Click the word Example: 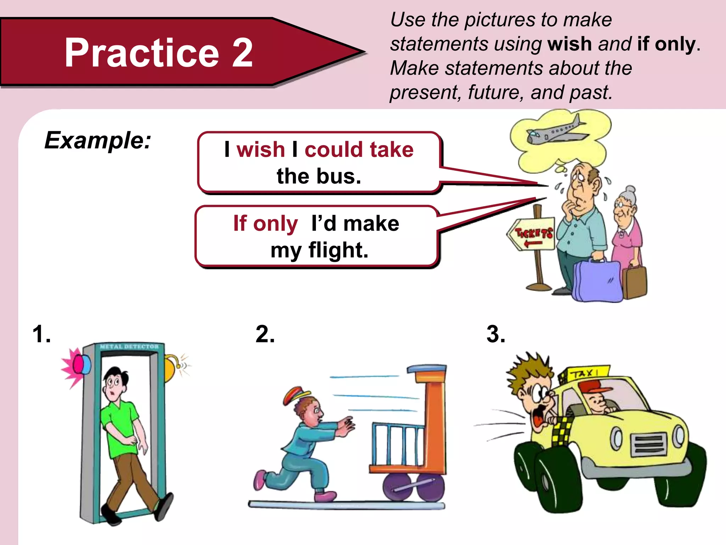click(x=98, y=141)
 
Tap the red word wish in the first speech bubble click(x=261, y=149)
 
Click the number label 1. click(x=41, y=335)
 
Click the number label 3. click(x=496, y=335)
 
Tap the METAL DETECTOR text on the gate click(x=129, y=347)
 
